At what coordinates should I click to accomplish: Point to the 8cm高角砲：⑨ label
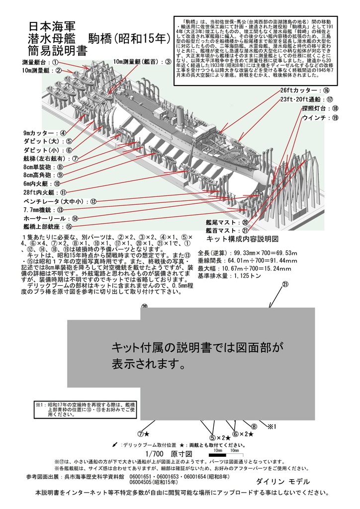pos(43,174)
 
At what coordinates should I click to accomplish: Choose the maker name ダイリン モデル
pos(283,482)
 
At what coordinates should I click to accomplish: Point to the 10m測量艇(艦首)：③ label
pos(142,62)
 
